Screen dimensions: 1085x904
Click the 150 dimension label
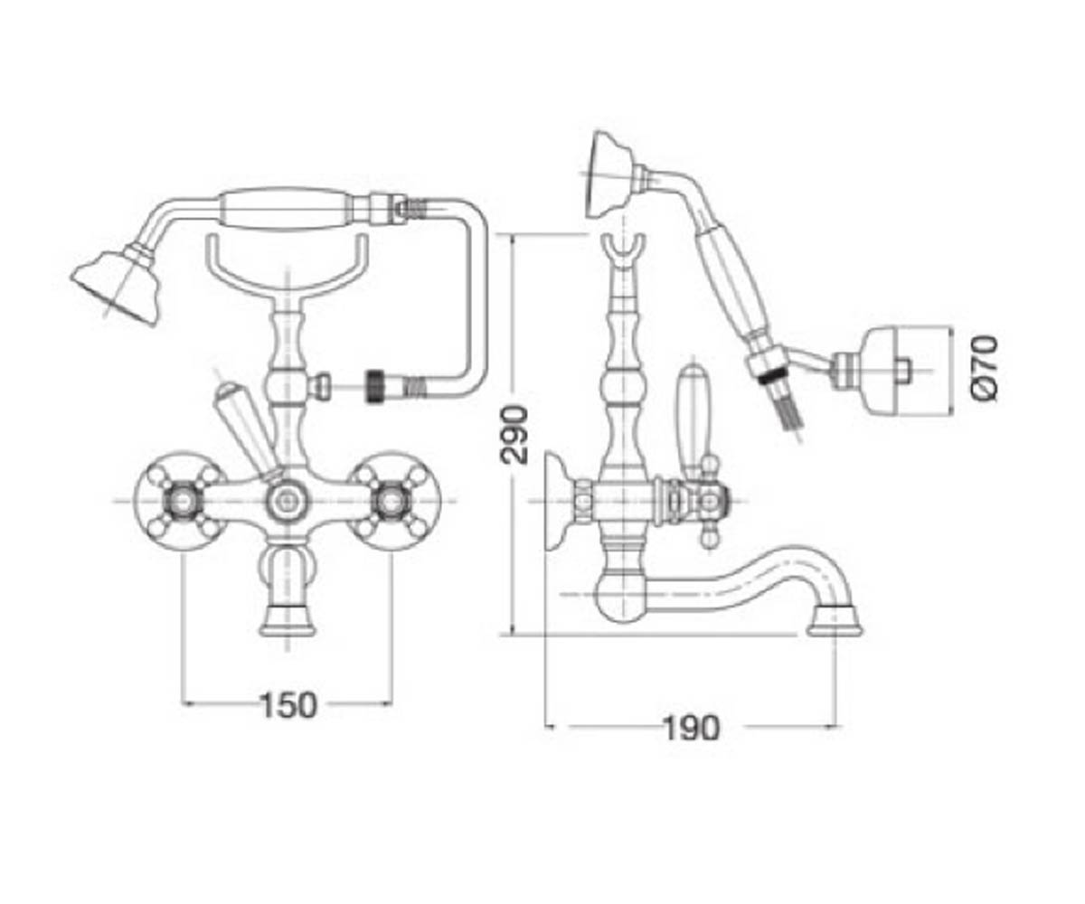(288, 705)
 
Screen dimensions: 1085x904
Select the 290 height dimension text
(514, 435)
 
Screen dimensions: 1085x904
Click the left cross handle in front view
(181, 501)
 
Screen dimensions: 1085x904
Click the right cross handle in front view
(392, 501)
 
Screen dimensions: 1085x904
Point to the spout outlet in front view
(288, 622)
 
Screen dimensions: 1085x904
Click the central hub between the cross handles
(286, 501)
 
